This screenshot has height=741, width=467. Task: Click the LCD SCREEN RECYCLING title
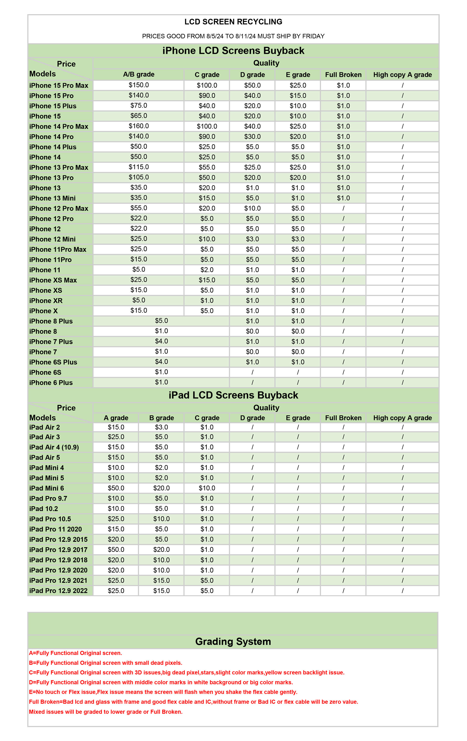(233, 22)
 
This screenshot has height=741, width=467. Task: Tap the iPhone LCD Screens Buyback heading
(233, 51)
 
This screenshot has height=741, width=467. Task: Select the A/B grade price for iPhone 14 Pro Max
(139, 126)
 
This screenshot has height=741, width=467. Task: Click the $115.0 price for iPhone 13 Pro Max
(139, 167)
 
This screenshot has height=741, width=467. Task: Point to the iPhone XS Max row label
(53, 280)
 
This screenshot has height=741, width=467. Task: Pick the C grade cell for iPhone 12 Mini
(207, 239)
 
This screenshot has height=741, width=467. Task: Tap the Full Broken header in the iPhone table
(343, 75)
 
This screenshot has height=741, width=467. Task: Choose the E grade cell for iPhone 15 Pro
(298, 96)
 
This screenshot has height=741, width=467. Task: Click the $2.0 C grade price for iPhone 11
(207, 270)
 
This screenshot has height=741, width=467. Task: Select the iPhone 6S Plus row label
(53, 362)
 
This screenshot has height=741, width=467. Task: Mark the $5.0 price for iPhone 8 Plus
(161, 321)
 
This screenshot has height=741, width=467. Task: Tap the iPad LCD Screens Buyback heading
(233, 395)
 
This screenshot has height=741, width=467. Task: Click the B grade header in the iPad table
(161, 418)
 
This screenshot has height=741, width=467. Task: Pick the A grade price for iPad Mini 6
(116, 488)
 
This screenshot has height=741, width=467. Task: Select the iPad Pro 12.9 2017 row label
(58, 550)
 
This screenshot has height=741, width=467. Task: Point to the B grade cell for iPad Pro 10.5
(161, 519)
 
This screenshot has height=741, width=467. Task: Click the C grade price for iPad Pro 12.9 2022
(207, 591)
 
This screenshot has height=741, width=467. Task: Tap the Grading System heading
(233, 642)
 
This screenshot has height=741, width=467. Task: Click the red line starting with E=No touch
(163, 692)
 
